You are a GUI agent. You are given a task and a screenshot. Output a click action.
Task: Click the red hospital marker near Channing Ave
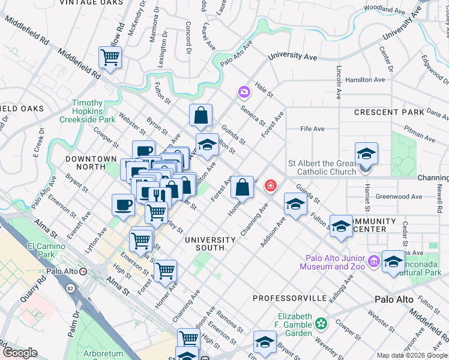(x=271, y=187)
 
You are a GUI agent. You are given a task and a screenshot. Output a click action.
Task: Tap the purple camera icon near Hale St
(x=244, y=92)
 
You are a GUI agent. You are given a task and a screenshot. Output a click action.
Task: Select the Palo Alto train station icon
(x=83, y=271)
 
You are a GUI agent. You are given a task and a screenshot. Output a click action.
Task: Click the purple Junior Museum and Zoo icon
(x=375, y=260)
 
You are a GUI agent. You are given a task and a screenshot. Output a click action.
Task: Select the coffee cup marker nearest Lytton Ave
(x=123, y=204)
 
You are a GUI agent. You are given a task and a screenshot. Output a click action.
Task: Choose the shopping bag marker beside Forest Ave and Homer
(x=241, y=186)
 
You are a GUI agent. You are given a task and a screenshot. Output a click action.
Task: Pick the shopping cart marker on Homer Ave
(x=164, y=270)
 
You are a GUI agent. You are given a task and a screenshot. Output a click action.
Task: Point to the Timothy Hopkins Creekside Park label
(x=93, y=111)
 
